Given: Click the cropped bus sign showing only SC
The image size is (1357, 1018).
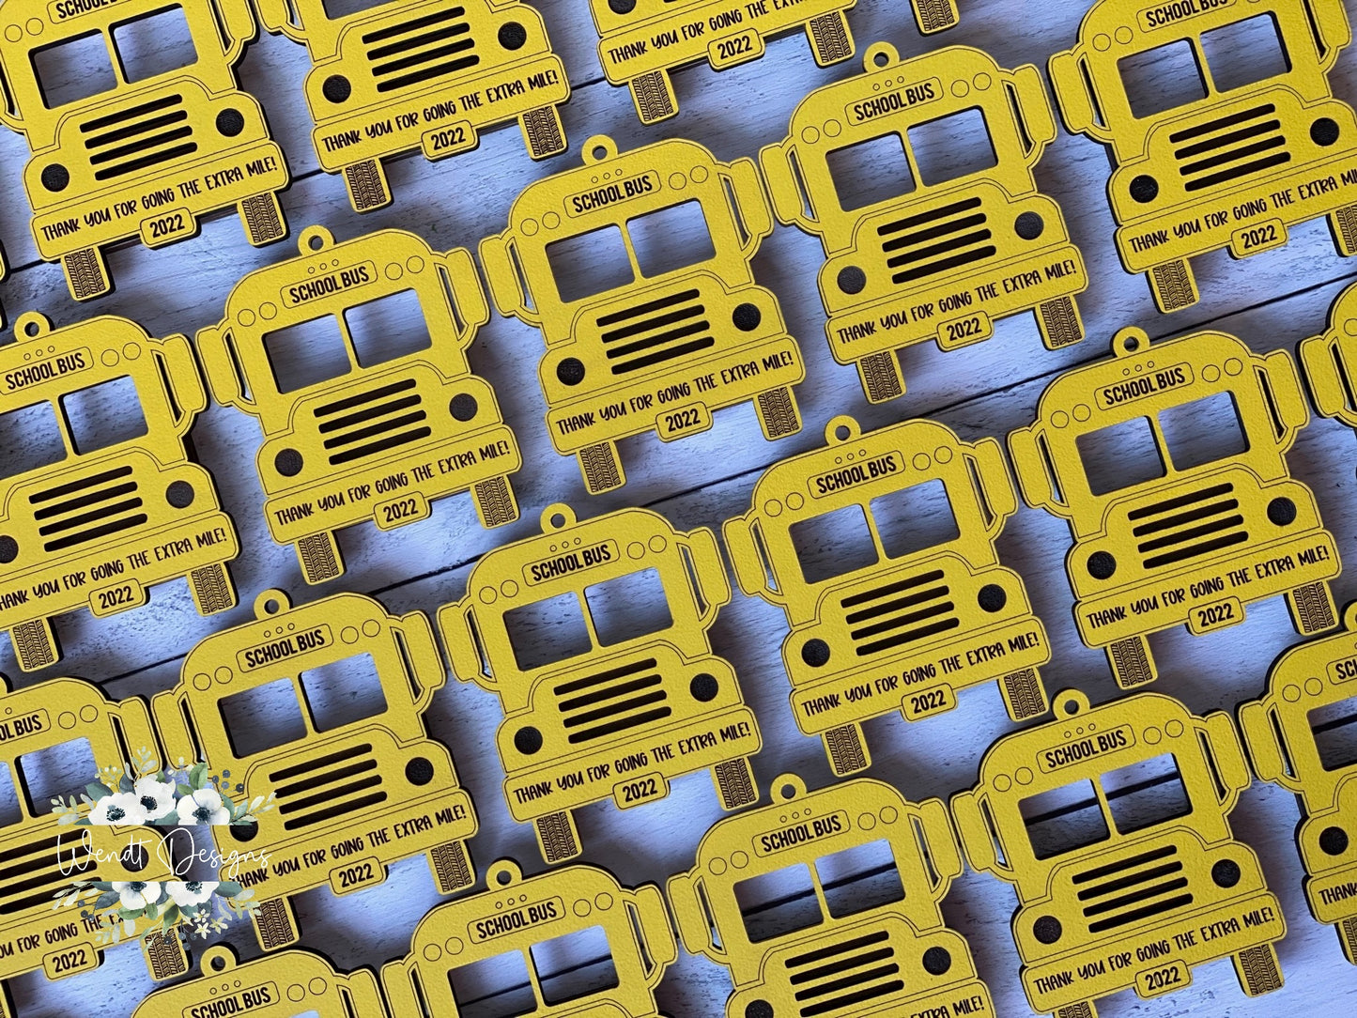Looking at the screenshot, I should coord(1344,671).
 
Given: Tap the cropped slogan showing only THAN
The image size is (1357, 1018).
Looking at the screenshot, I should coord(1337,893).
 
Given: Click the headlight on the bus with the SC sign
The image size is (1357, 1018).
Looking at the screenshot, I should coord(1333,840).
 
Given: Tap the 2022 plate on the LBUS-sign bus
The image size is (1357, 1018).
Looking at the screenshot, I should coord(70,960).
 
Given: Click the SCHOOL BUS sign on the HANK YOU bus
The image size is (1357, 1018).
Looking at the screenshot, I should coord(45,370).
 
